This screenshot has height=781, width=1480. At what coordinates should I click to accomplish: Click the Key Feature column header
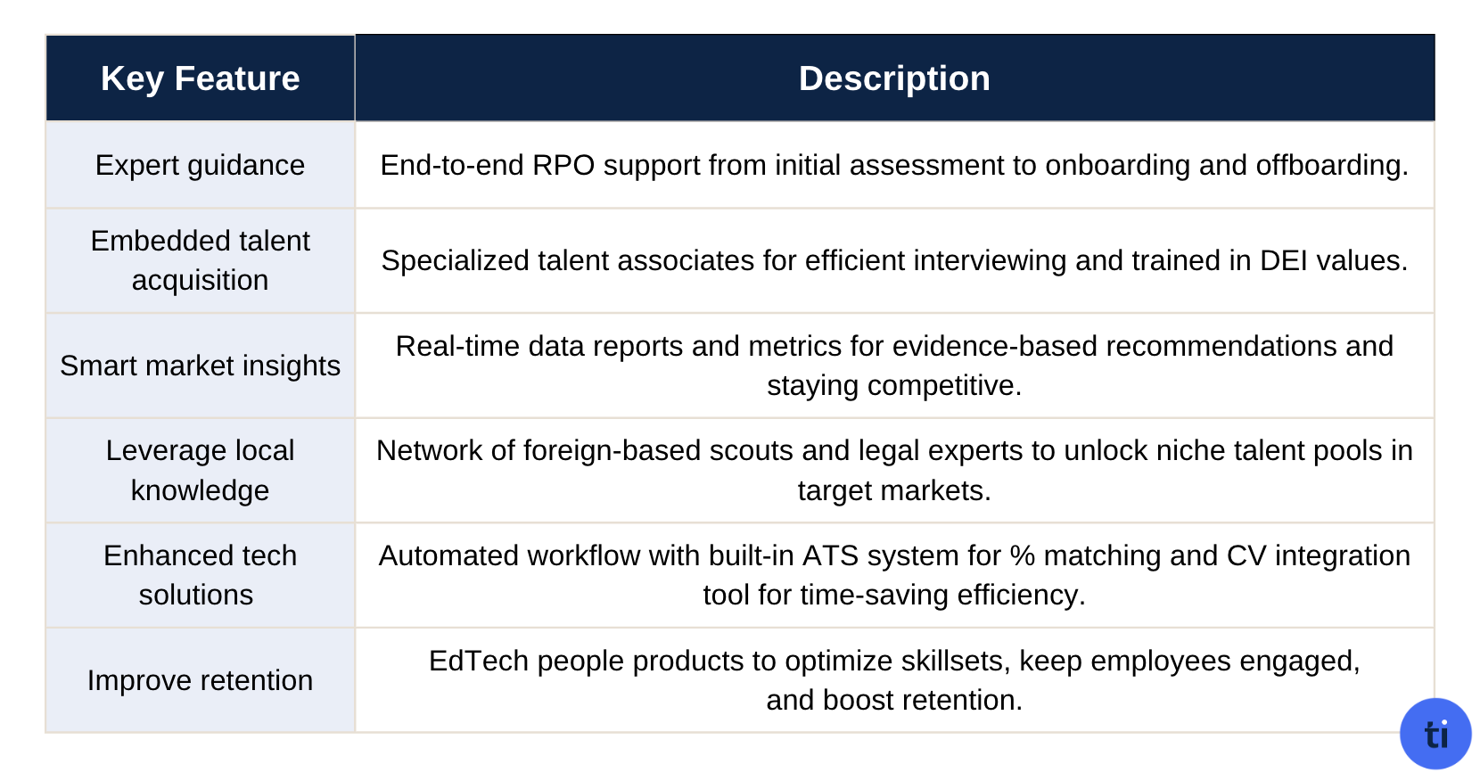click(x=200, y=78)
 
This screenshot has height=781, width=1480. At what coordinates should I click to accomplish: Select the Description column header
click(x=893, y=78)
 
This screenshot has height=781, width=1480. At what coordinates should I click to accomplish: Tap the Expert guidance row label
click(x=200, y=165)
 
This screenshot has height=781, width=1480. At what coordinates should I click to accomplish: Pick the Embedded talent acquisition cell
click(x=200, y=260)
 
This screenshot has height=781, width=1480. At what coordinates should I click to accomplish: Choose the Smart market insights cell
click(x=200, y=366)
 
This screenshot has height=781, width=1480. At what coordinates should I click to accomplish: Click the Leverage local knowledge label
click(x=200, y=470)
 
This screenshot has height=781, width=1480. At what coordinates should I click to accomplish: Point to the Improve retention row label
click(x=200, y=680)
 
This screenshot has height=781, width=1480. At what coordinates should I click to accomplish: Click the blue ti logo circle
click(x=1435, y=734)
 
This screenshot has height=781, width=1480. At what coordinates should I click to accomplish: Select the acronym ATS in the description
click(x=830, y=555)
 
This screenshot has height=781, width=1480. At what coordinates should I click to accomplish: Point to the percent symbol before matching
click(x=1022, y=555)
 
